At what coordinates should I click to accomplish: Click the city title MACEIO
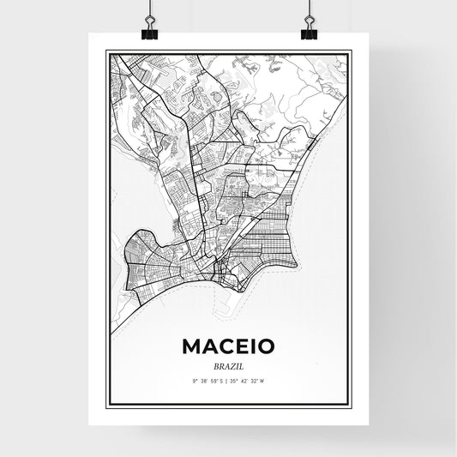(x=228, y=346)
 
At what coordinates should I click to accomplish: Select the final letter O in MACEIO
(x=265, y=346)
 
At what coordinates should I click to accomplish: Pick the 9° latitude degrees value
(x=195, y=380)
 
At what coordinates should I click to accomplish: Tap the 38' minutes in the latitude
(x=204, y=380)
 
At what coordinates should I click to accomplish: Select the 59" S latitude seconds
(x=217, y=380)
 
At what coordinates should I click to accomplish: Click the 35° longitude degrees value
(x=237, y=380)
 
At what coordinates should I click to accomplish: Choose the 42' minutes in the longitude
(x=248, y=380)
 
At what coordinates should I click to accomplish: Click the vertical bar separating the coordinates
(x=227, y=380)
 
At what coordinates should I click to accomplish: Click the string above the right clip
(x=309, y=9)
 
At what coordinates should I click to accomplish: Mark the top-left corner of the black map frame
(x=106, y=51)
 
